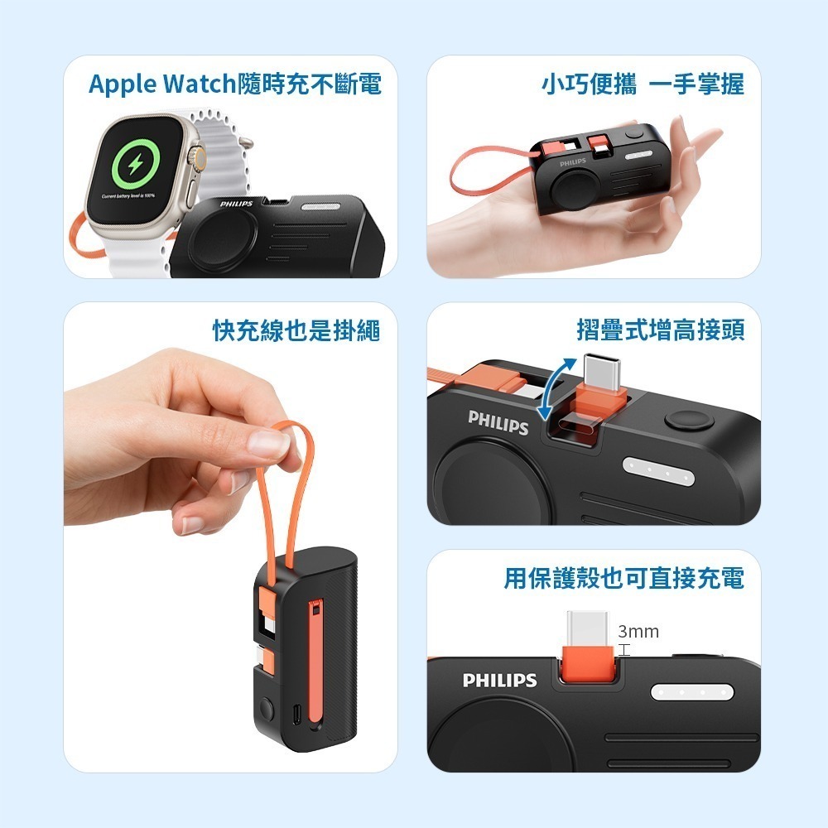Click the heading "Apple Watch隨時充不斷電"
tap(235, 84)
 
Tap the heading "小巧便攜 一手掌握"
tap(643, 84)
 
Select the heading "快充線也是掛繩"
tap(296, 330)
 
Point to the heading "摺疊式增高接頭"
tap(661, 330)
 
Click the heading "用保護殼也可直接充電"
tap(624, 578)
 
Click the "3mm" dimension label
tap(638, 632)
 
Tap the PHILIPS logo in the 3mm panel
tap(499, 681)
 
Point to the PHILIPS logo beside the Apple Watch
tap(236, 204)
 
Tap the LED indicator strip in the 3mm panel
tap(693, 691)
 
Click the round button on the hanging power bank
tap(267, 710)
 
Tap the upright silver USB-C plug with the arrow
tap(604, 369)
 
